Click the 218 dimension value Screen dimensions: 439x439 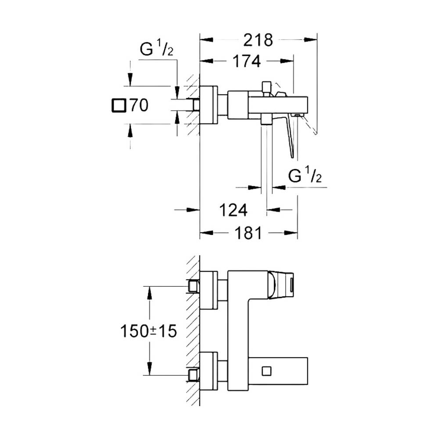tap(258, 40)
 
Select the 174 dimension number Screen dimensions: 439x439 tap(247, 61)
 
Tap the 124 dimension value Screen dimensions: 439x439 tap(233, 210)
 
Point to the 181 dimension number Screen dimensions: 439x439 tap(248, 233)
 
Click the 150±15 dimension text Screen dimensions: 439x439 tap(148, 331)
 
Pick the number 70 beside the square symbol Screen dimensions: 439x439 tap(139, 105)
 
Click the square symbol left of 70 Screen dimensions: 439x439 tap(119, 105)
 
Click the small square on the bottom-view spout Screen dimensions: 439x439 tap(266, 371)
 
